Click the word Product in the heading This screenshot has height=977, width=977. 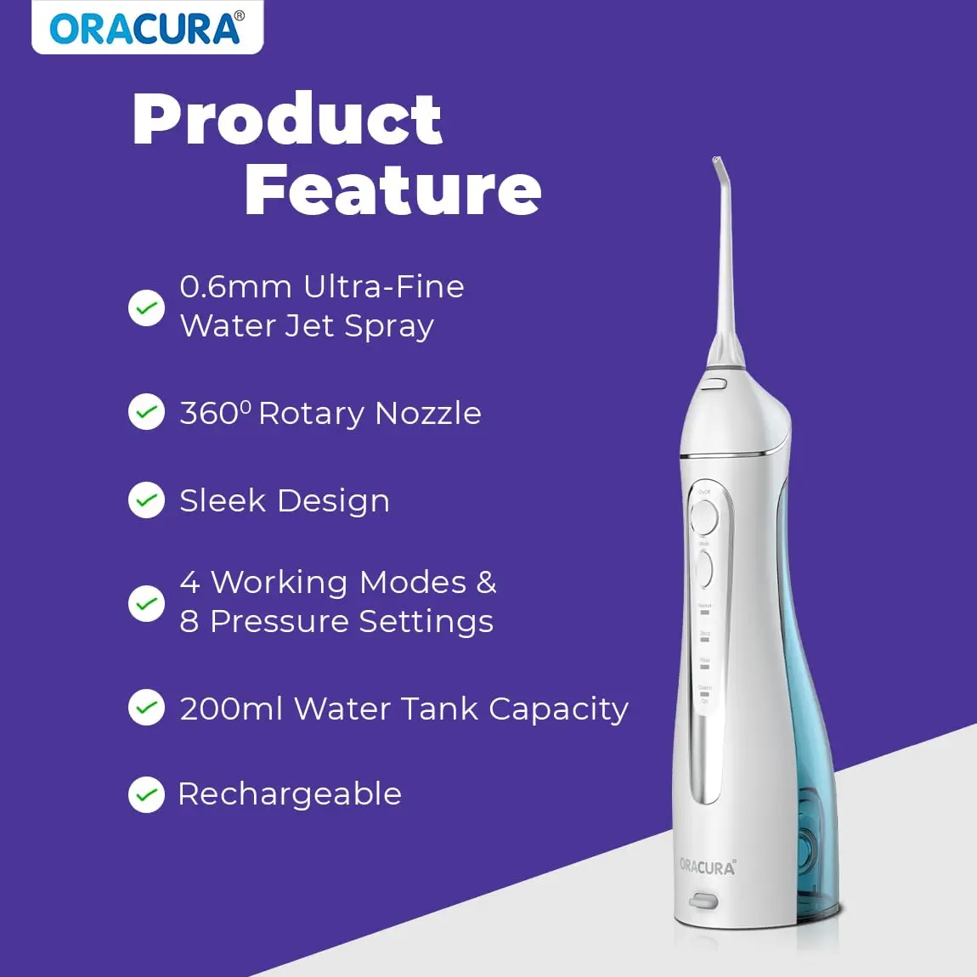click(287, 120)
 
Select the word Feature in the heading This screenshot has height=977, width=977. click(392, 189)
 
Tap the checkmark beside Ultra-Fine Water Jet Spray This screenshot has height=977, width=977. click(146, 308)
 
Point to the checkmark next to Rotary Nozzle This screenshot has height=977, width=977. click(146, 412)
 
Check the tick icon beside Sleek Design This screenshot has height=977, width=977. click(146, 500)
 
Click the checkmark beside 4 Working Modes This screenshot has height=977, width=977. click(146, 603)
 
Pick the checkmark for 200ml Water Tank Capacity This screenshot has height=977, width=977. click(146, 708)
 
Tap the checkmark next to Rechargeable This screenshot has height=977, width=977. click(146, 794)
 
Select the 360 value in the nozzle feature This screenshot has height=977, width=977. click(209, 414)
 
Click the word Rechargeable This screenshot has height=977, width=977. click(290, 794)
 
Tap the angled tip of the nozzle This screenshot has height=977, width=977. click(719, 167)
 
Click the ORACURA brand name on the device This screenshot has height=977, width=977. click(707, 867)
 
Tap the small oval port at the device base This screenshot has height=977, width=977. click(703, 901)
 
